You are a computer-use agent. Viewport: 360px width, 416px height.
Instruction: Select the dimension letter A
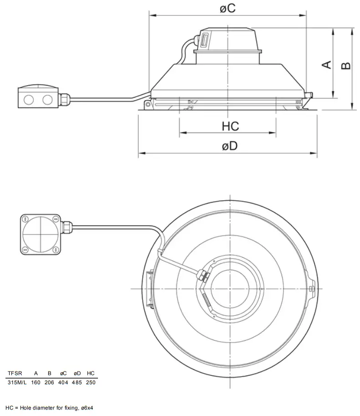[327, 65]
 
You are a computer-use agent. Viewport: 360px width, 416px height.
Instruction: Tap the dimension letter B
[346, 65]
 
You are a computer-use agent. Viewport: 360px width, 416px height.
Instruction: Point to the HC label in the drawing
[230, 126]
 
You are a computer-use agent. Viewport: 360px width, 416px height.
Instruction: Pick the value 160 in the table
[36, 382]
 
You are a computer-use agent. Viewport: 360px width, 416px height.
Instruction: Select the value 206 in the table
[49, 382]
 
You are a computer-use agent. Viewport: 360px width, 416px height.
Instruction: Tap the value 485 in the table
[77, 382]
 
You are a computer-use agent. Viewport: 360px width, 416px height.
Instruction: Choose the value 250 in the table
[91, 382]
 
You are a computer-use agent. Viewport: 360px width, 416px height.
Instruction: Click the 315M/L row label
[17, 382]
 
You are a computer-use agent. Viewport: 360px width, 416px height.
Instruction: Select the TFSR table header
[15, 373]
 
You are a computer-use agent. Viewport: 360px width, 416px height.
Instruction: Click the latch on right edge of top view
[311, 289]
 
